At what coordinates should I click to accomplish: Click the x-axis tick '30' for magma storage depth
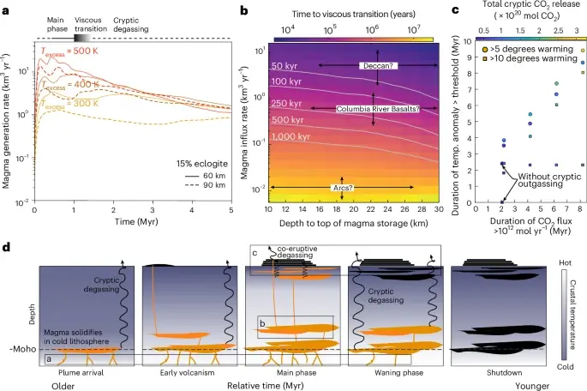[x=434, y=209]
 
